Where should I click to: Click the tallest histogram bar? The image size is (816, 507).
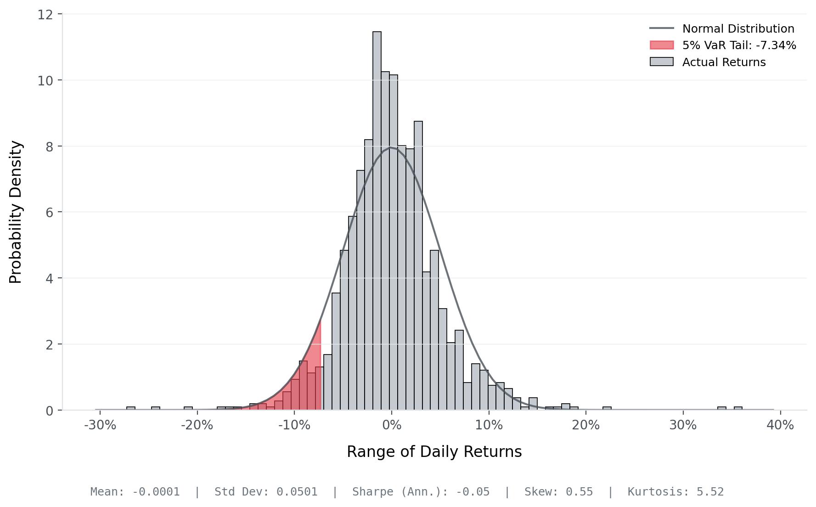point(377,220)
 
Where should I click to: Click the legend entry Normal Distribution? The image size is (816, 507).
point(738,28)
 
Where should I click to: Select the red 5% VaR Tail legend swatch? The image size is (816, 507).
point(661,45)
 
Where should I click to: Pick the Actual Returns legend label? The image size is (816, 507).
point(724,62)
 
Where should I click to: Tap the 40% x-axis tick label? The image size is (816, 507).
point(780,425)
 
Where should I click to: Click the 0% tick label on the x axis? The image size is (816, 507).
point(392,425)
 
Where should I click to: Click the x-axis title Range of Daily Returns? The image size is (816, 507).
point(434,451)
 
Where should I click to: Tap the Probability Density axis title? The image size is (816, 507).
point(16,212)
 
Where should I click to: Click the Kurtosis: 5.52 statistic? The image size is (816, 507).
point(675,492)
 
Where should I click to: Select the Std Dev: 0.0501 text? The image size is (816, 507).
point(266,492)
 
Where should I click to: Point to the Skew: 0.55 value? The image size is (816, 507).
point(558,492)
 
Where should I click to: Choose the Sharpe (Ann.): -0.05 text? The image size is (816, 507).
point(421,492)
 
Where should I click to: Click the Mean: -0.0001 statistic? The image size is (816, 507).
point(135,492)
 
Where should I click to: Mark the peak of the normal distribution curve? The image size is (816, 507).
point(390,147)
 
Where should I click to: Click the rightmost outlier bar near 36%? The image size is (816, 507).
point(737,408)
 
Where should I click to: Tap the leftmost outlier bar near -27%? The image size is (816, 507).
point(131,408)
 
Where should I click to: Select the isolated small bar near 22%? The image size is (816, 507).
point(607,408)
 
